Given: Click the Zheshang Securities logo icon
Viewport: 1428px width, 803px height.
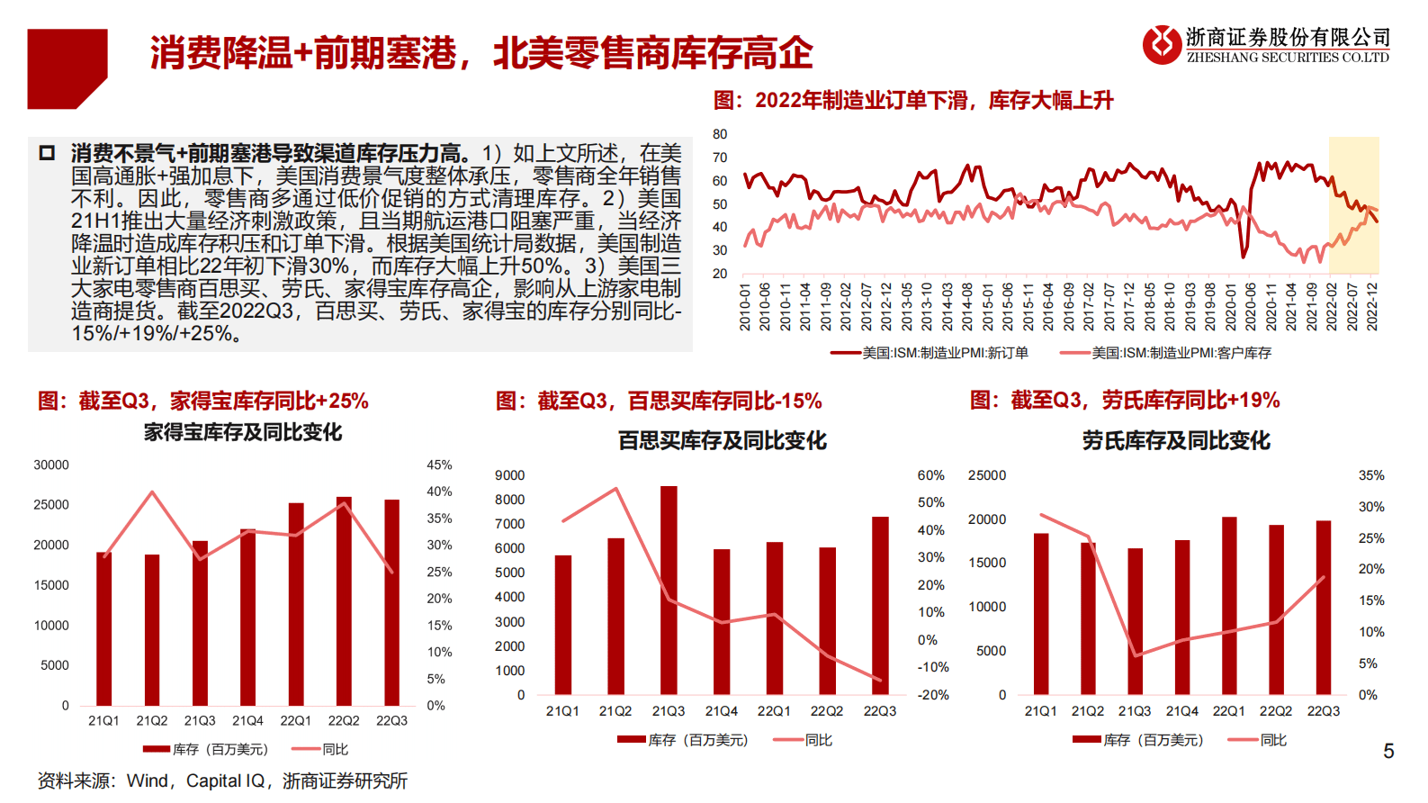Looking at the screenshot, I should tap(1162, 44).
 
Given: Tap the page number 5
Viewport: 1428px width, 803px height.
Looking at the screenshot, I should tap(1388, 751).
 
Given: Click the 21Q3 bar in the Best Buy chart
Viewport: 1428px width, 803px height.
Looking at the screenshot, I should tap(669, 590).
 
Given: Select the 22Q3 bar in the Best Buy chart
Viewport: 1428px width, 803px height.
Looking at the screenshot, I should tap(880, 605).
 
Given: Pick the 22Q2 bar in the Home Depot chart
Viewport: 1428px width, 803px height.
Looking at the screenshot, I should tap(344, 600).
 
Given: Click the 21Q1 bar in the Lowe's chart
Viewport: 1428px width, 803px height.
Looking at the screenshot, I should tap(1041, 613).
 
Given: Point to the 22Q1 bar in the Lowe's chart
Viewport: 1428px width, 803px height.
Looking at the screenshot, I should tap(1229, 605).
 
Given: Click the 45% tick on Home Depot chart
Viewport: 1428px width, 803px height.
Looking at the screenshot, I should tap(439, 465).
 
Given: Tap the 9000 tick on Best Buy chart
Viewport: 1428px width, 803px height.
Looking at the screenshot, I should tap(509, 475).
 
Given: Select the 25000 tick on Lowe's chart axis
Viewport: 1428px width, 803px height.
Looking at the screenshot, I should tap(987, 475).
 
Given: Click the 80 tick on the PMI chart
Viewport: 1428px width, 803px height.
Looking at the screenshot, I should tap(720, 134).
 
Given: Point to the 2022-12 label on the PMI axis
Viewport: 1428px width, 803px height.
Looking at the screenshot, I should tap(1372, 306).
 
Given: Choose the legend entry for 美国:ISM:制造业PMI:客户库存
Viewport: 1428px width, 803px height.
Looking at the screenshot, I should tap(1166, 353).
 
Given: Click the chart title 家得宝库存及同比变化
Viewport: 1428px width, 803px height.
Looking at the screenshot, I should tap(243, 432).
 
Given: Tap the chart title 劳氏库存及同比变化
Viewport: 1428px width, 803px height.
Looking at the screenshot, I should tap(1176, 440).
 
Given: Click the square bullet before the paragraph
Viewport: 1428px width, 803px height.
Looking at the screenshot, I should tap(48, 153).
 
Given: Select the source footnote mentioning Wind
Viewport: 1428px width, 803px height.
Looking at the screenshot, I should tap(222, 780).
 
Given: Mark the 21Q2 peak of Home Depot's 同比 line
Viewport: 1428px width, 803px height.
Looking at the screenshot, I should tap(152, 492).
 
